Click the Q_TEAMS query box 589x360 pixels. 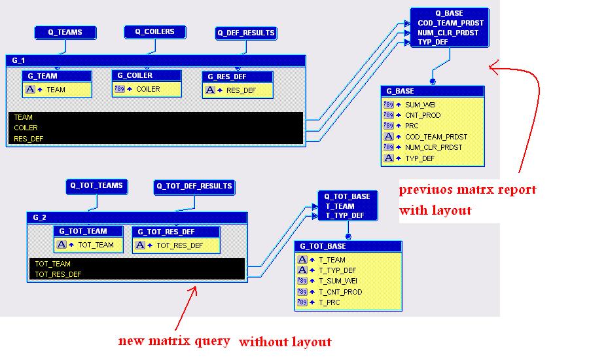tap(65, 32)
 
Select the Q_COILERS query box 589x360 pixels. tap(155, 31)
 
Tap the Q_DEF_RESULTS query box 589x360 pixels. tap(246, 33)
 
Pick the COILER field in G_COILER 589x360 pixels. tap(147, 89)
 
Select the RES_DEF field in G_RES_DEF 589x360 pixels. tap(241, 90)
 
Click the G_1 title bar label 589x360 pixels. tap(18, 60)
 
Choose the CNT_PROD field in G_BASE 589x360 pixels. tap(423, 115)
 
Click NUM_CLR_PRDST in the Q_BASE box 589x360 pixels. tap(449, 33)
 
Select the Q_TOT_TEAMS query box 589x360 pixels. tap(96, 186)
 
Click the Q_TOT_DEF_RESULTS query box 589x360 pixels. tap(194, 187)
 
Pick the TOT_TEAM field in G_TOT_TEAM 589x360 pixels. tap(96, 245)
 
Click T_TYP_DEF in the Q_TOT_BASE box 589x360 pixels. tap(345, 215)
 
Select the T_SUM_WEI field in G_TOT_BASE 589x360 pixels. tap(338, 281)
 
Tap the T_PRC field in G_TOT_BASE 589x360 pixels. tap(330, 302)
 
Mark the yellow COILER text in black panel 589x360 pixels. tap(26, 128)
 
